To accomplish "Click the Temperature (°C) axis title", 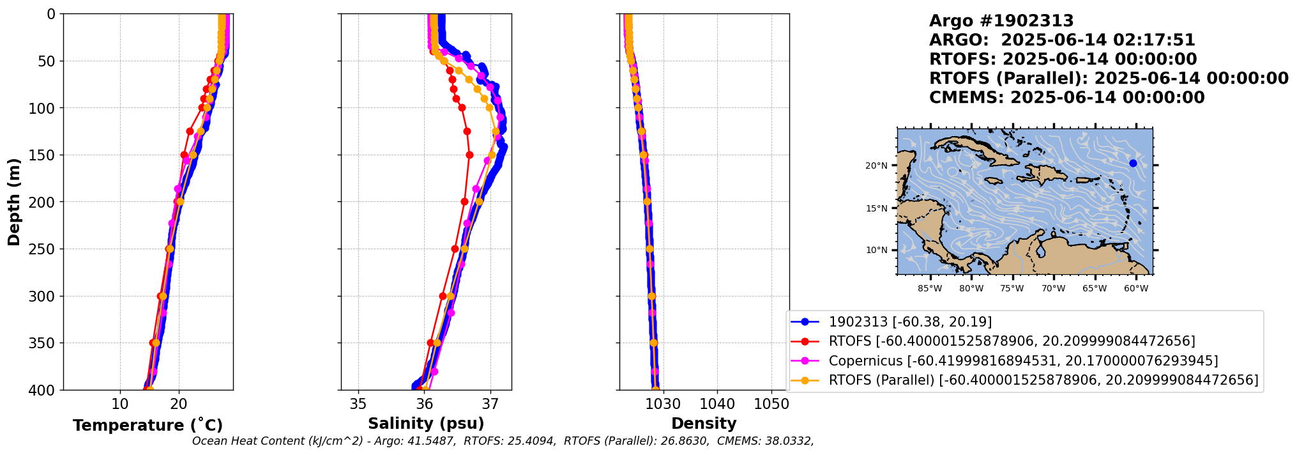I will click(148, 426).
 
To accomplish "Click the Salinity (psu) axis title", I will click(426, 424).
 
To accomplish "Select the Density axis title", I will click(704, 424).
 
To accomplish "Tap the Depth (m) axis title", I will click(13, 202).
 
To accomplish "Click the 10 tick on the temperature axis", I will click(120, 404).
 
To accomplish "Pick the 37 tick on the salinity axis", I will click(490, 404).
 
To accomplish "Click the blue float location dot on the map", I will click(1133, 163).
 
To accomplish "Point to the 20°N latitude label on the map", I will click(876, 166).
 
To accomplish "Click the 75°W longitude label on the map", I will click(1012, 289).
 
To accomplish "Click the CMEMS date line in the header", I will click(1066, 98).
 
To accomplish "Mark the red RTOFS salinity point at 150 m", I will click(469, 155).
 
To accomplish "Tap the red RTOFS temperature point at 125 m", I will click(190, 131).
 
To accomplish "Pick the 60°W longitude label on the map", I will click(1136, 289).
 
